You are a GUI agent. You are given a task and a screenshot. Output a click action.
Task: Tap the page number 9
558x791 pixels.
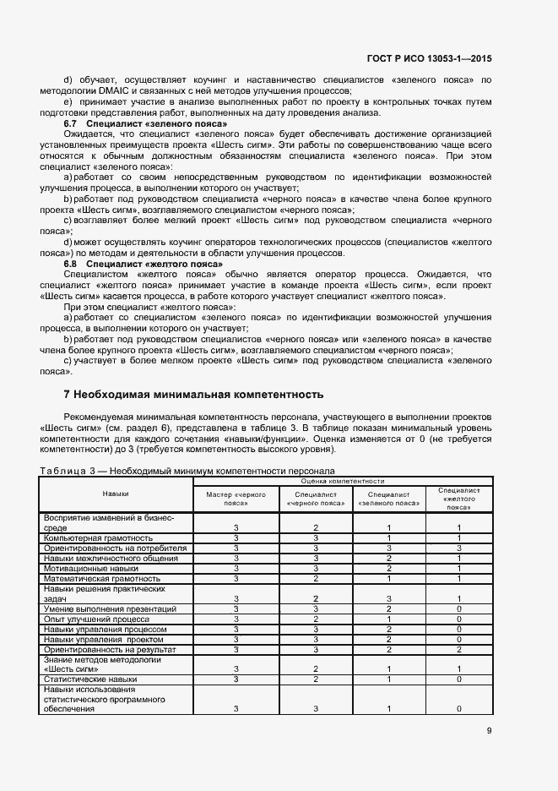coord(489,732)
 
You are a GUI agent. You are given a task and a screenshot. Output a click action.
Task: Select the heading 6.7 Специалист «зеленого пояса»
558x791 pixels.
coord(138,124)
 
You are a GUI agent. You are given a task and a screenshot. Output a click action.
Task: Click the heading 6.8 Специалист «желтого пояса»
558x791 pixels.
coord(133,265)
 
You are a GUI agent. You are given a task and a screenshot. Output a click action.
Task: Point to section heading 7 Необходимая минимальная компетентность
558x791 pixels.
coord(193,395)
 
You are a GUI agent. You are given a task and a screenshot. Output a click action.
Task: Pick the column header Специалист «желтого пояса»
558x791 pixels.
coord(459,499)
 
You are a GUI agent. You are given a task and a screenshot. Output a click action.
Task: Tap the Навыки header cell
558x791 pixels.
coord(116,494)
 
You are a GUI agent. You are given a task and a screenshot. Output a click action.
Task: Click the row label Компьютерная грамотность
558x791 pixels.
coord(98,537)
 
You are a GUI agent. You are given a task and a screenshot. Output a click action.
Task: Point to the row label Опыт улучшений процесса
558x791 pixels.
coord(97,619)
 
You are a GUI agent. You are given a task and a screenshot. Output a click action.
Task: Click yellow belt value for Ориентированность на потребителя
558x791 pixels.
coord(458,548)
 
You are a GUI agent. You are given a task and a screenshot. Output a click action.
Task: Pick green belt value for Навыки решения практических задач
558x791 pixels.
coord(388,598)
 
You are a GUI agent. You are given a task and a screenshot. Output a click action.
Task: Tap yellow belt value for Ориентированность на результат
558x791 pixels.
coord(458,649)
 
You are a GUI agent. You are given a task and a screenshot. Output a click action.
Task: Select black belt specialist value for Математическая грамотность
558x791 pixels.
coord(315,578)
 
